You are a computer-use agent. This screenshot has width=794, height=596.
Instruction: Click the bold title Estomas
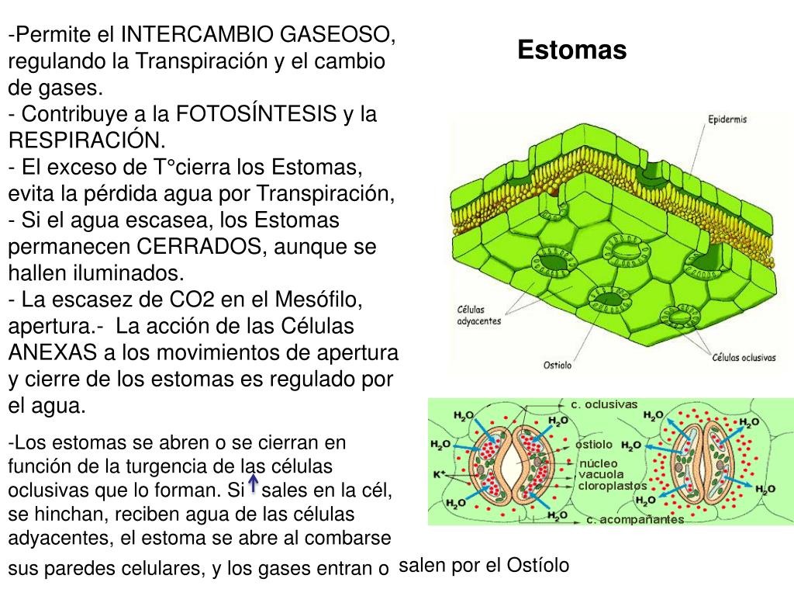click(571, 50)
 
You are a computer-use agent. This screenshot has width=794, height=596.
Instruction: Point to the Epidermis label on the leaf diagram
click(727, 120)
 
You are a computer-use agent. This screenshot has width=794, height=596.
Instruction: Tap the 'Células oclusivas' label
click(744, 358)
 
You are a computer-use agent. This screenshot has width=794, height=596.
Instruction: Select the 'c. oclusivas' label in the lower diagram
click(604, 404)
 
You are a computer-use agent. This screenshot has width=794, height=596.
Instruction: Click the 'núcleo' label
click(598, 463)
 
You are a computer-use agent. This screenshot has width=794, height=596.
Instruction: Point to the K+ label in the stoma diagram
click(439, 473)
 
